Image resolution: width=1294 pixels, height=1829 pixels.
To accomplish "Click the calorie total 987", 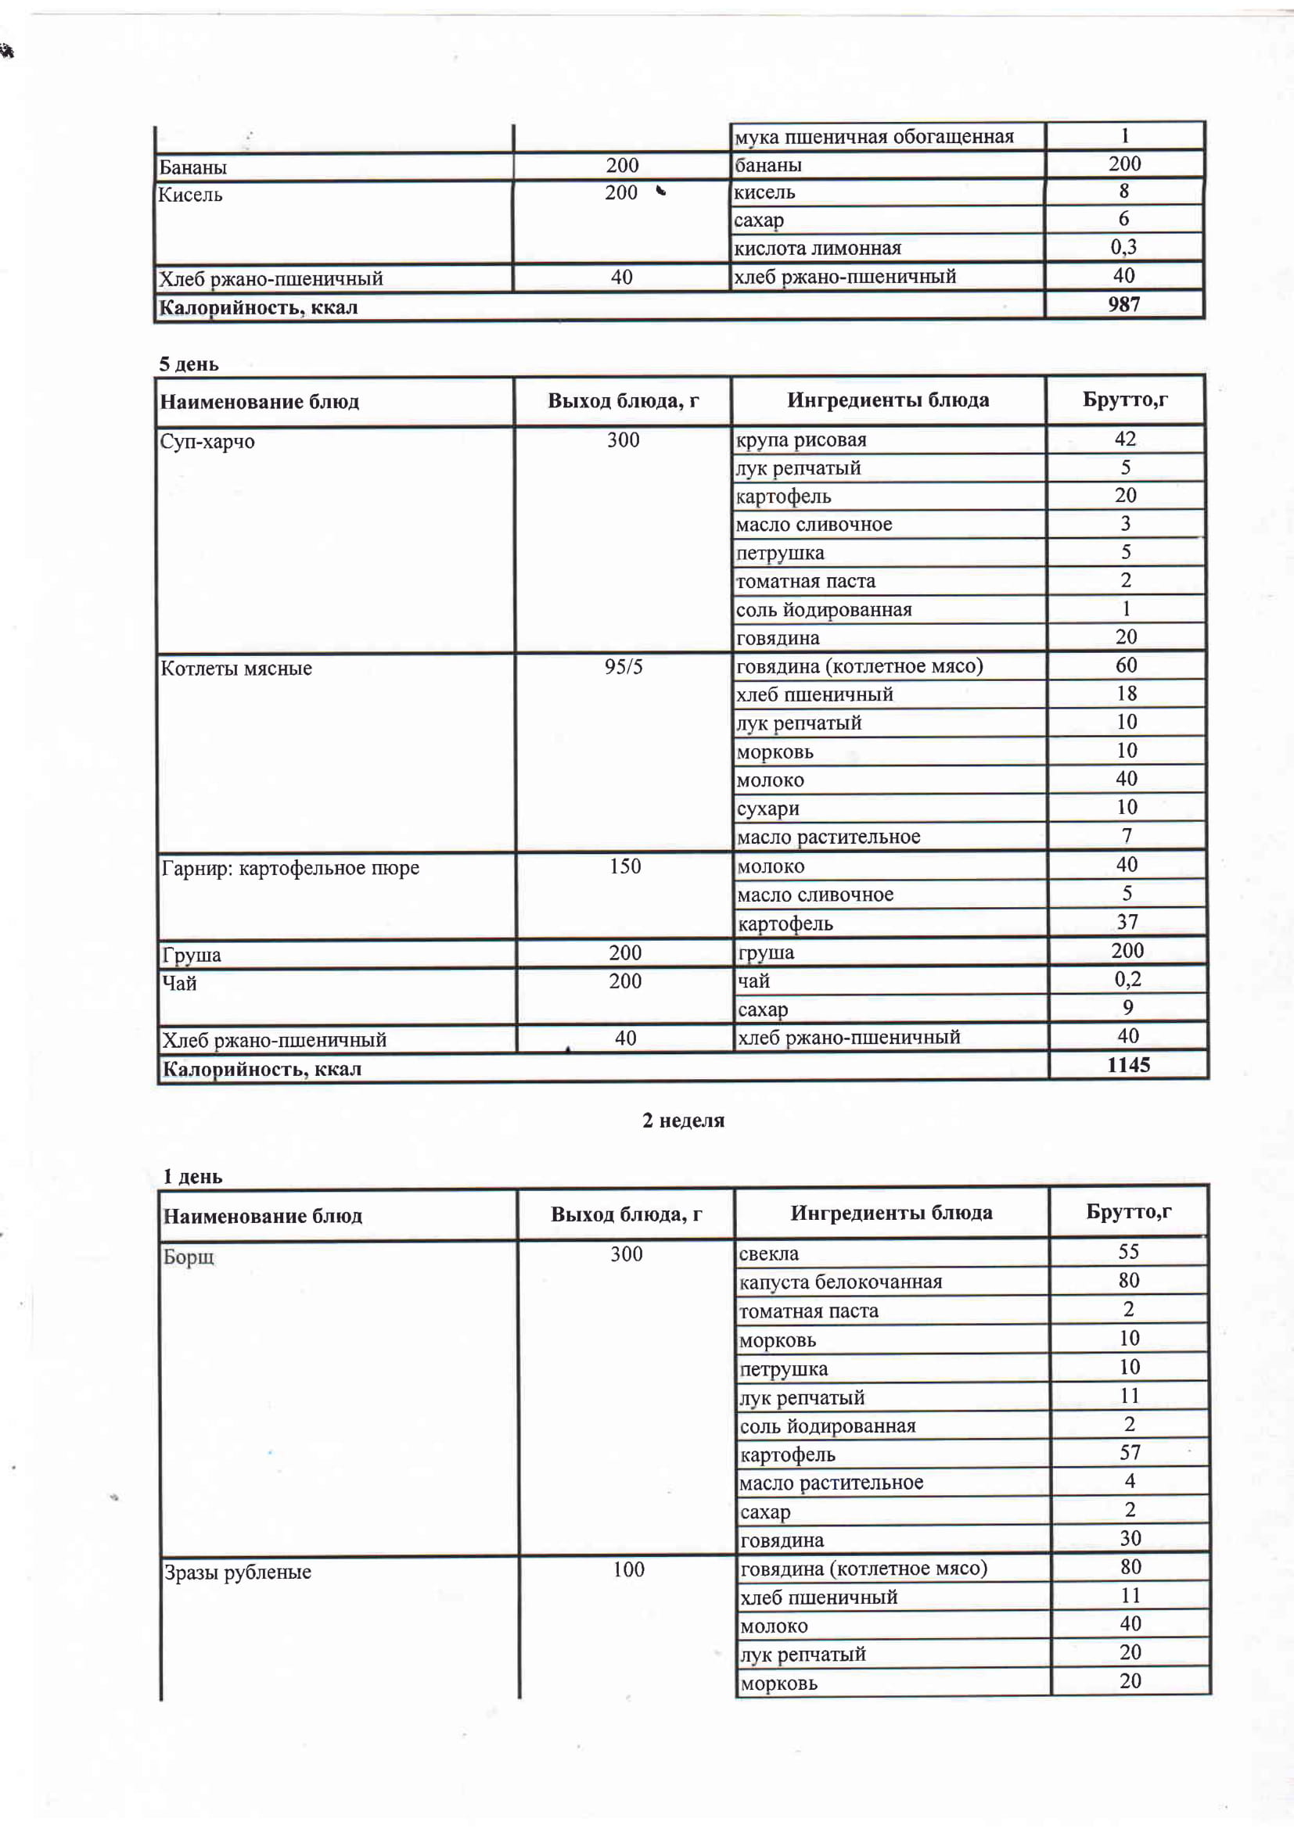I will (1123, 304).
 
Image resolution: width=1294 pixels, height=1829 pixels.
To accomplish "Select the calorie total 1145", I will (1128, 1065).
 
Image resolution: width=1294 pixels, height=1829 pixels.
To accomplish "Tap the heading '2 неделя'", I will (683, 1120).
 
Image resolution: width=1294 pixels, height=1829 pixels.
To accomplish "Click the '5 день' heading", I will (189, 364).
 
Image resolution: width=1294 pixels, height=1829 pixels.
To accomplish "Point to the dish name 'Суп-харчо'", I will (207, 441).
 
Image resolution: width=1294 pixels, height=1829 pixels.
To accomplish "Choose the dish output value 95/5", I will (623, 666).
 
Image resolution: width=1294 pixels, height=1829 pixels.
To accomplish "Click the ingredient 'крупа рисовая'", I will (801, 439).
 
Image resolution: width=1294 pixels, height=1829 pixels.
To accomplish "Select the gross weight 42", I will (1125, 439).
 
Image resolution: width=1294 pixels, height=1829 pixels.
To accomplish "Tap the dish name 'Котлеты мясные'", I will (235, 668).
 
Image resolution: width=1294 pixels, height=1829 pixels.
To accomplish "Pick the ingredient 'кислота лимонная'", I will (818, 248).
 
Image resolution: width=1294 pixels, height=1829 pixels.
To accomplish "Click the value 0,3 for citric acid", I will (1123, 247).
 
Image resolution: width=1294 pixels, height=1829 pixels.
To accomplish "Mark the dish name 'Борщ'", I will (189, 1257).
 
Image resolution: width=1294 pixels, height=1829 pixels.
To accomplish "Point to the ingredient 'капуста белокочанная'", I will (840, 1282).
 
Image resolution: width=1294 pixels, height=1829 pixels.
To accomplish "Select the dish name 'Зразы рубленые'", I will (238, 1572).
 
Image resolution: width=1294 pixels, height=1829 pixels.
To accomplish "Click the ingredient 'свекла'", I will (768, 1253).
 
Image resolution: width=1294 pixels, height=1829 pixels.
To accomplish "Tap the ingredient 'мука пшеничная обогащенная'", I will (874, 137).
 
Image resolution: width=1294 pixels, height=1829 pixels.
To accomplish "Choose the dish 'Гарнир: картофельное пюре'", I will (290, 867).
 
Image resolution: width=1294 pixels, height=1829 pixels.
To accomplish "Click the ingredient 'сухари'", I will (768, 809).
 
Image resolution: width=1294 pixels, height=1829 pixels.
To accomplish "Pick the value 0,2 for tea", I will (1127, 979).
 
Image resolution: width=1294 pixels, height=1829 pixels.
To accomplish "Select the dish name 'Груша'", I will (191, 954).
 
